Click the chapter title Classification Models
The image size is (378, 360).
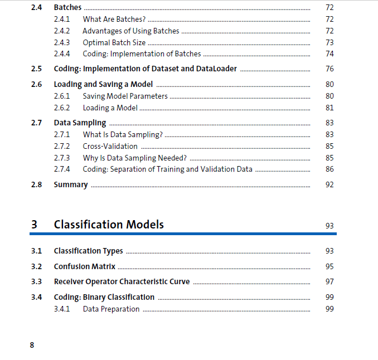[109, 225]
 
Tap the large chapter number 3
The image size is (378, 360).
[35, 225]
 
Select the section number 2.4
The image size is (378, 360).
[37, 8]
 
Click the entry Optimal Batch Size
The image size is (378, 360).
[114, 42]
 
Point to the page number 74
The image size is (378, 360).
[329, 54]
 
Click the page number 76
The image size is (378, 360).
[329, 69]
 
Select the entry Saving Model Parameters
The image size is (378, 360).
[124, 96]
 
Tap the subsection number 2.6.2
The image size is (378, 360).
[62, 108]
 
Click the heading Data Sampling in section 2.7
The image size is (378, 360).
[80, 123]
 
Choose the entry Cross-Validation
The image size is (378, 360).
[110, 146]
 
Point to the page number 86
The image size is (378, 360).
[329, 169]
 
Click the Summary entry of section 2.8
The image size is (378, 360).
[71, 184]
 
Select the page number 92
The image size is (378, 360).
[329, 184]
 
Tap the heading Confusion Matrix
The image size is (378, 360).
[84, 266]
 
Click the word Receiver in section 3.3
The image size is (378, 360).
[68, 281]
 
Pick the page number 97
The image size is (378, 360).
[329, 281]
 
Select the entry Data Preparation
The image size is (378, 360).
[111, 309]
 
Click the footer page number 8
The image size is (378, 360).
[32, 345]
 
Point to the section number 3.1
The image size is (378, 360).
[37, 251]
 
